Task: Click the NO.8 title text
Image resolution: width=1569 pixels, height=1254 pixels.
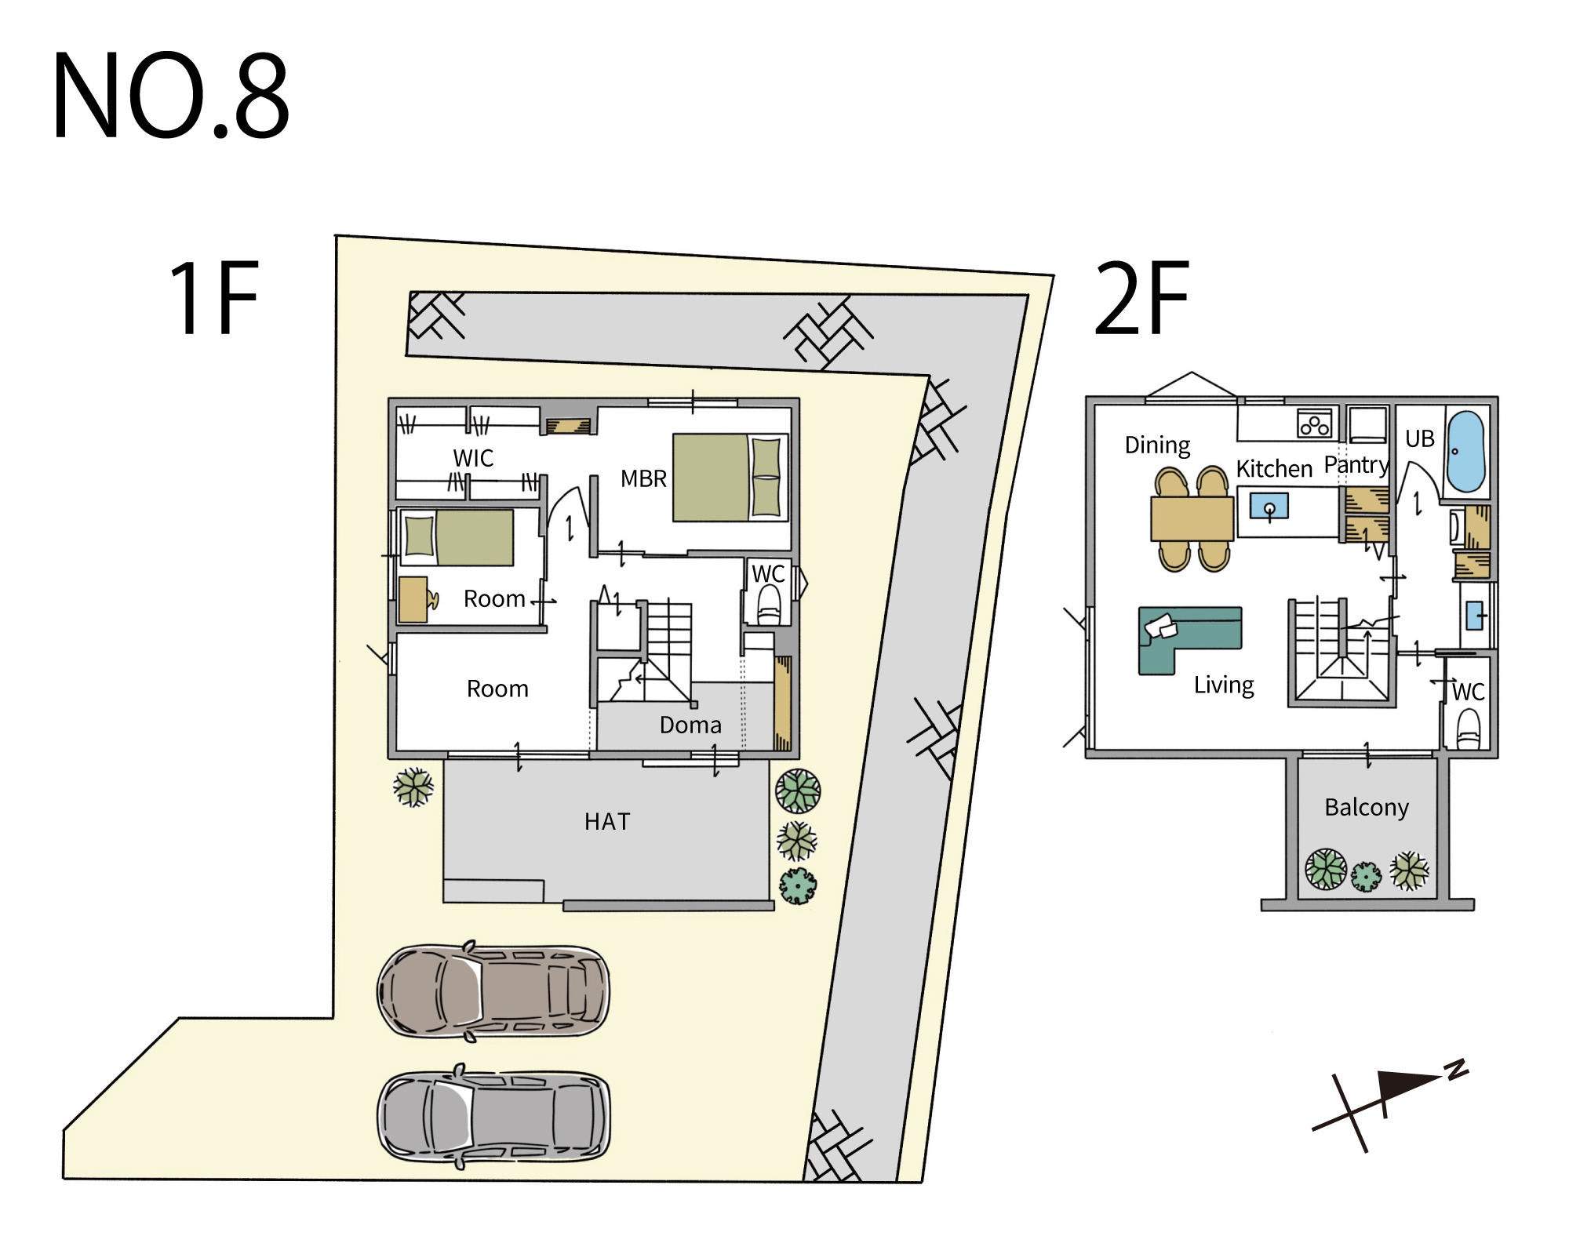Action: [171, 96]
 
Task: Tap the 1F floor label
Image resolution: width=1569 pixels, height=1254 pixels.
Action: [214, 298]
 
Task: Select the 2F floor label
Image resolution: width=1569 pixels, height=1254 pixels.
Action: [1142, 298]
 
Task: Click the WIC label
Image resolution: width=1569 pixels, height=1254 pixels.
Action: [473, 458]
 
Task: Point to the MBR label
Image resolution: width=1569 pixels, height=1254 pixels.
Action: [643, 478]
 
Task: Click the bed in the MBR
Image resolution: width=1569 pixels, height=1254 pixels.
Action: [730, 478]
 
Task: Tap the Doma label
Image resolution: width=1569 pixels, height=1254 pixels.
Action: [690, 725]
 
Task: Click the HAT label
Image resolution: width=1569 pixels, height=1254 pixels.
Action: [607, 821]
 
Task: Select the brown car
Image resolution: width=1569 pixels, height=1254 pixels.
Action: [493, 991]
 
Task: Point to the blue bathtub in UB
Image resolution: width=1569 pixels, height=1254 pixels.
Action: [1465, 451]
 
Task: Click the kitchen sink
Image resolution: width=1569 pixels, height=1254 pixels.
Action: [1269, 507]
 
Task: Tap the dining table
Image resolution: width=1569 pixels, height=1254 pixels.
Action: [1192, 518]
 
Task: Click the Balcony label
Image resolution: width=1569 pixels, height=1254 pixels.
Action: [1367, 807]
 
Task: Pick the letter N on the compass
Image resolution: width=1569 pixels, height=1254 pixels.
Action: [1457, 1070]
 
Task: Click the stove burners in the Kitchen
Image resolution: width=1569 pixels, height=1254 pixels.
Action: [1315, 424]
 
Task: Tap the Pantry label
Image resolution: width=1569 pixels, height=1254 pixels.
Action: [1356, 465]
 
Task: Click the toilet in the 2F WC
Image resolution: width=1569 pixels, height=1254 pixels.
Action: [1468, 729]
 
